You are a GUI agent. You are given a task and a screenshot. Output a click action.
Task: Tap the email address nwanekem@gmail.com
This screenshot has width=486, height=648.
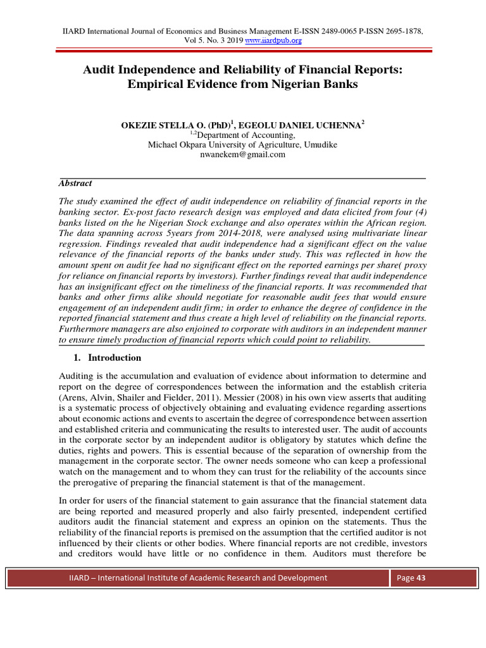click(x=242, y=154)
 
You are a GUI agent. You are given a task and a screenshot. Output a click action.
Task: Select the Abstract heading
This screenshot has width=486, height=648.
click(x=75, y=183)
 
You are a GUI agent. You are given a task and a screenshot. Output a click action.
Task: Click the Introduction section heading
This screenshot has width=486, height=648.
click(x=114, y=358)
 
